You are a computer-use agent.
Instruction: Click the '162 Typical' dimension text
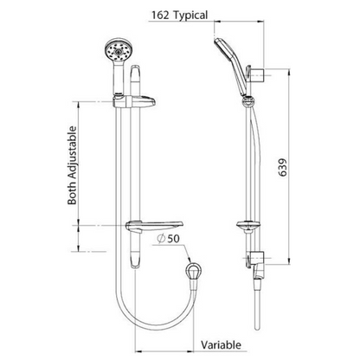pos(177,15)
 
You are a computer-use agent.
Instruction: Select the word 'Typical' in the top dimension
pos(190,15)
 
